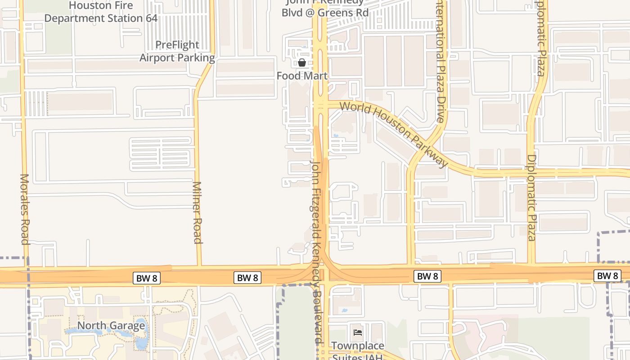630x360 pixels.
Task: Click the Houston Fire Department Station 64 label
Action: [x=101, y=12]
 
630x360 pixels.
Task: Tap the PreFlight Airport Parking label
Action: [x=177, y=51]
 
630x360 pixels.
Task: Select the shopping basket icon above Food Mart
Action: [x=302, y=63]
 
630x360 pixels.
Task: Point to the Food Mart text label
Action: [x=302, y=76]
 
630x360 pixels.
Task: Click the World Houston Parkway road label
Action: [x=394, y=134]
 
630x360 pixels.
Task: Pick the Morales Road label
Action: [x=25, y=209]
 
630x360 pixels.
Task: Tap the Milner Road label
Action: [x=198, y=212]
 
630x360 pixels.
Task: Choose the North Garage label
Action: [x=111, y=325]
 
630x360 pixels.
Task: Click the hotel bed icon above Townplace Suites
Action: [x=358, y=333]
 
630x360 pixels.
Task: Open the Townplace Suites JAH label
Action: [x=358, y=351]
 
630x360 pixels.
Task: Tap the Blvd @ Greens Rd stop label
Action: [x=325, y=12]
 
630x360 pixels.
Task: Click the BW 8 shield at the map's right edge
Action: [x=607, y=275]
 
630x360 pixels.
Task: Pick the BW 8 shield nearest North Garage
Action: [x=147, y=278]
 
